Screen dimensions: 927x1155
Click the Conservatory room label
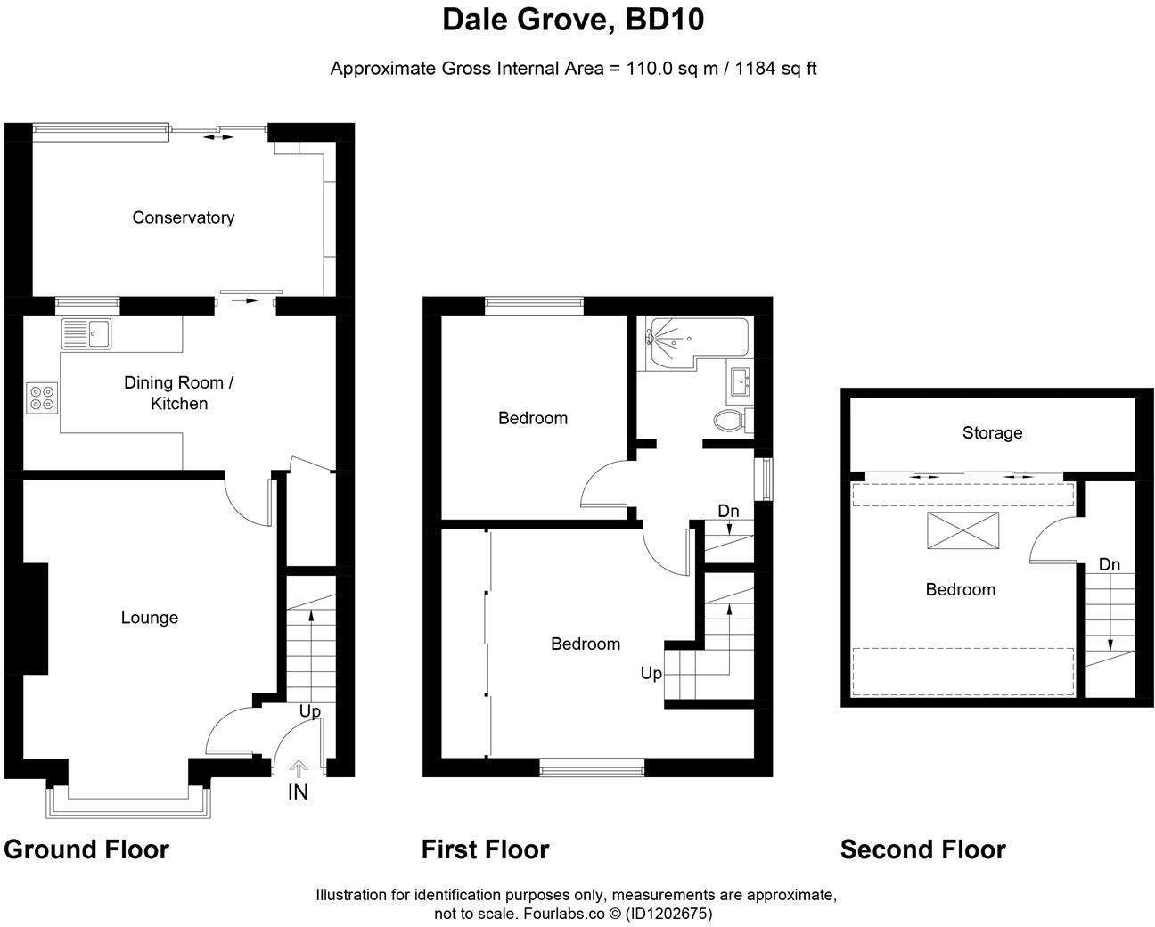click(x=183, y=217)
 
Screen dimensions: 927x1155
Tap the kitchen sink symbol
click(x=86, y=333)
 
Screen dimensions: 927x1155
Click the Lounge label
click(x=149, y=618)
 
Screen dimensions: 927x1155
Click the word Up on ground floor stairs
click(x=309, y=711)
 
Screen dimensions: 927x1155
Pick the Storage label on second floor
click(x=992, y=433)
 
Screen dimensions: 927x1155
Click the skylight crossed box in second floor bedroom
click(x=962, y=531)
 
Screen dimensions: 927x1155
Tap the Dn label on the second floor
click(x=1109, y=564)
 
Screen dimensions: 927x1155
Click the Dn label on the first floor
click(x=728, y=511)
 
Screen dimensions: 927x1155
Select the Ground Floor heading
click(x=86, y=849)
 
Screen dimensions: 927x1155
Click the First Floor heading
click(x=485, y=849)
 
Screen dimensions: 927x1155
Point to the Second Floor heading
click(x=922, y=849)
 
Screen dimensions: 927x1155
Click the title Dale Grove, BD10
click(x=573, y=20)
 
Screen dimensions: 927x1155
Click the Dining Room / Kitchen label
click(x=178, y=393)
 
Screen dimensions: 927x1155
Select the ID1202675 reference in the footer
click(x=668, y=914)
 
